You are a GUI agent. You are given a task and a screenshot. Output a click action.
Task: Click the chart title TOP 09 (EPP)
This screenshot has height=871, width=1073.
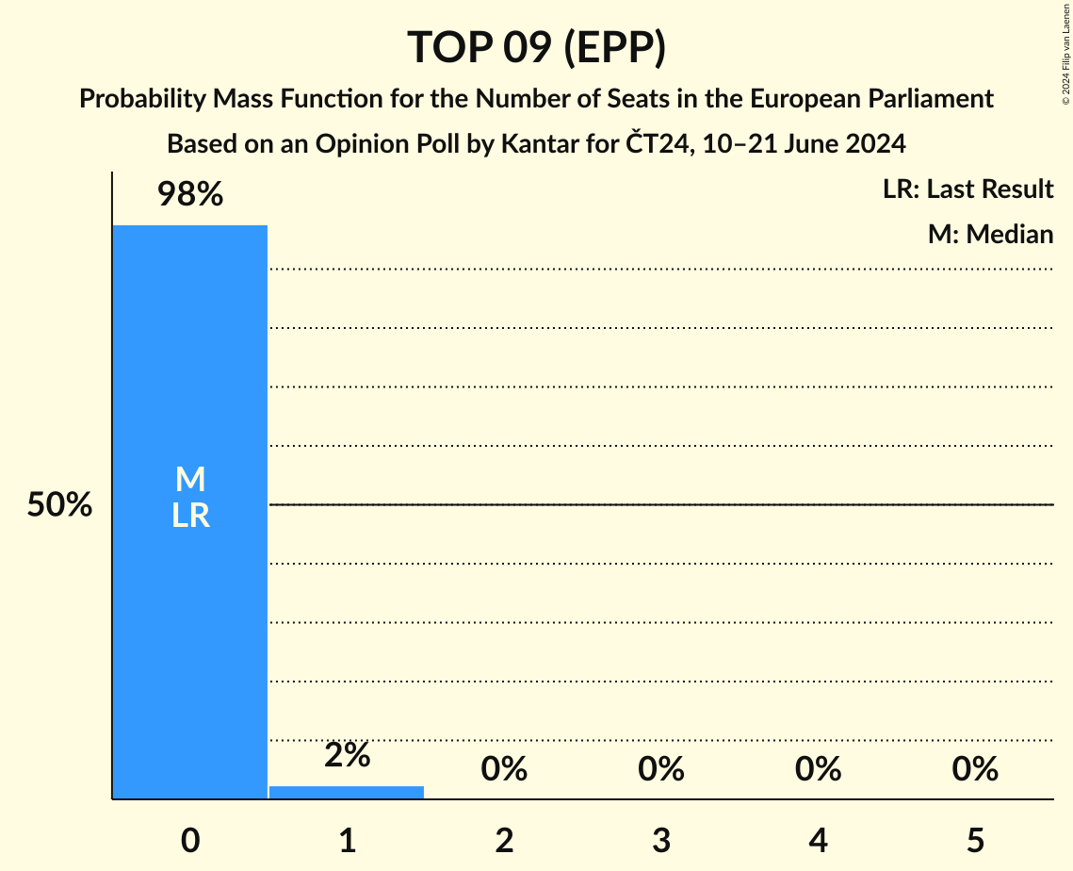point(536,47)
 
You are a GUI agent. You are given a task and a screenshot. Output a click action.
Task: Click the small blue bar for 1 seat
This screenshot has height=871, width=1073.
point(347,793)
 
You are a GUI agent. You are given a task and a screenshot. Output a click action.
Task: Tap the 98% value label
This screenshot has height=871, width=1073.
point(189,195)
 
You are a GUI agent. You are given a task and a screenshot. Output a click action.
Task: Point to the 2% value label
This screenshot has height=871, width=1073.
point(347,755)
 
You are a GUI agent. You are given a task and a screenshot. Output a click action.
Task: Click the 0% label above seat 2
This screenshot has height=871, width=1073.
point(504,769)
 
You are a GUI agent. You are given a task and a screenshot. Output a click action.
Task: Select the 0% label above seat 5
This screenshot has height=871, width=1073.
point(974,769)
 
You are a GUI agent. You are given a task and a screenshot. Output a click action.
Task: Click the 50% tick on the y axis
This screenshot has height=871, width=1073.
point(59,505)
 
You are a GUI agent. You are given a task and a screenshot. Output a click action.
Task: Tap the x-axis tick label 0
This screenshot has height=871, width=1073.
point(189,839)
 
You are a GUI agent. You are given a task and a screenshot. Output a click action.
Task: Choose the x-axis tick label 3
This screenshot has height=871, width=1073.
point(660,839)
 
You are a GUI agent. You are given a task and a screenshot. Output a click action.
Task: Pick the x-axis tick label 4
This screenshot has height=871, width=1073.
point(818,839)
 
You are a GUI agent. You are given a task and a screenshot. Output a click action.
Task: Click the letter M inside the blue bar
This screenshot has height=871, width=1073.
point(189,480)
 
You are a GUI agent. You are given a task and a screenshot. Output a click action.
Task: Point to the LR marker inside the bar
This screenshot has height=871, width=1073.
point(189,516)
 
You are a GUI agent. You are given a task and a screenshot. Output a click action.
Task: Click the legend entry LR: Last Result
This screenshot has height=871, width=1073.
point(967,189)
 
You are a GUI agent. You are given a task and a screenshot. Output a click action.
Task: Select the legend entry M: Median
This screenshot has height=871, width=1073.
point(990,234)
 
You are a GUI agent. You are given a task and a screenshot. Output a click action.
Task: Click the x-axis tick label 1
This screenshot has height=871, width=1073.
point(347,839)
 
